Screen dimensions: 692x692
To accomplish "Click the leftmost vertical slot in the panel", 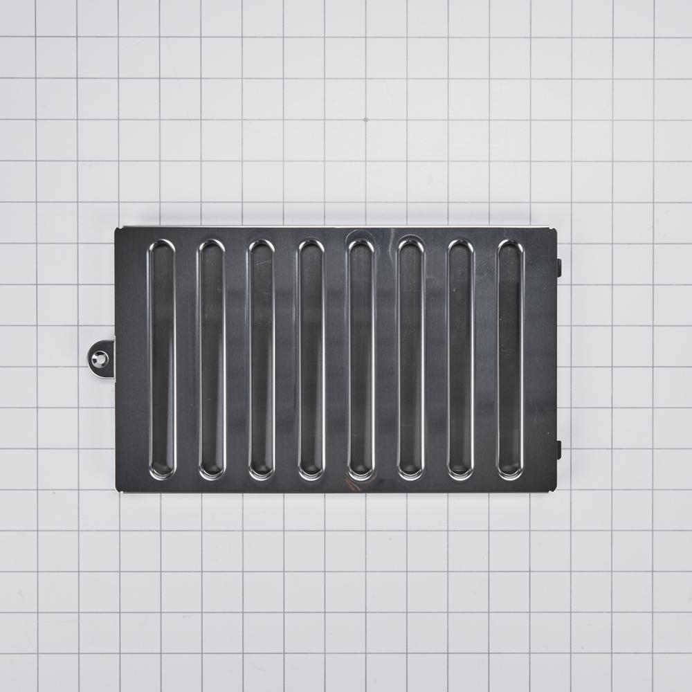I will (162, 360).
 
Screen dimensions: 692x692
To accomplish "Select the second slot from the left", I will (212, 360).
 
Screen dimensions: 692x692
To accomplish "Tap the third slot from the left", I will (262, 360).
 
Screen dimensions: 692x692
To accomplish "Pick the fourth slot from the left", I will (311, 360).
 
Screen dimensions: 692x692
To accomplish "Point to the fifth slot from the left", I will (361, 360).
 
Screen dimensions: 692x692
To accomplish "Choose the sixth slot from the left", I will (411, 360).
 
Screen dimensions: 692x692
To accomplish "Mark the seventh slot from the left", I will (461, 360).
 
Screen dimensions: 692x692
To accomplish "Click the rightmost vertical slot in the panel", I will (511, 360).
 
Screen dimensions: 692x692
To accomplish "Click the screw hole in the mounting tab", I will (101, 359).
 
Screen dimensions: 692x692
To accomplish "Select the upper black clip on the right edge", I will (559, 268).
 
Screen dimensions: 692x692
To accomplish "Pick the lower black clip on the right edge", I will (559, 450).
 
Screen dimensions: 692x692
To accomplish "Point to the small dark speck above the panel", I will (365, 120).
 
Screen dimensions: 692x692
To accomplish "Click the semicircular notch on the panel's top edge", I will (359, 232).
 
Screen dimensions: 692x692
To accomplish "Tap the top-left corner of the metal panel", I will (117, 229).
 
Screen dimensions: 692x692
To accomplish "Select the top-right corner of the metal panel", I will (556, 229).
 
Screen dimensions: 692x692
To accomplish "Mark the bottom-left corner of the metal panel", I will (117, 491).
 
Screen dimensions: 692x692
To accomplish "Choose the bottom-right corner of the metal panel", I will (556, 491).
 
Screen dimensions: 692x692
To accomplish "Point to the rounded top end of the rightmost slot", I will (511, 248).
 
